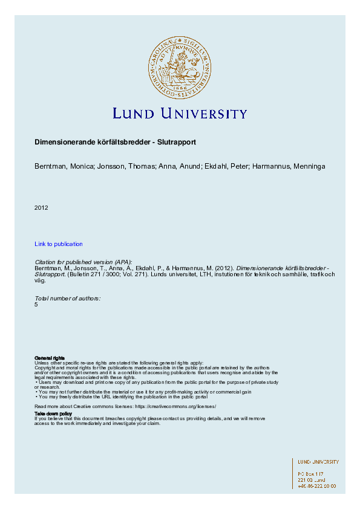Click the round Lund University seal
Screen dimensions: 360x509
[x=180, y=66]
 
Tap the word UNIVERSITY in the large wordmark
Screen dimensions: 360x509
[x=202, y=114]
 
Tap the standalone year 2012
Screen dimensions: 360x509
[x=41, y=208]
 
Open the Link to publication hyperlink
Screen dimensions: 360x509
[x=59, y=244]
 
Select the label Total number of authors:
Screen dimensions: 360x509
[x=68, y=299]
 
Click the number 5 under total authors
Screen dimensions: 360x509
[x=36, y=304]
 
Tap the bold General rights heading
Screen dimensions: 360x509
[x=50, y=358]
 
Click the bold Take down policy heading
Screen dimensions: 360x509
[x=53, y=413]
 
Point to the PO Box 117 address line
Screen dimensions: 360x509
[x=311, y=474]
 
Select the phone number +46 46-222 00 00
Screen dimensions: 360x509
[x=317, y=486]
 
